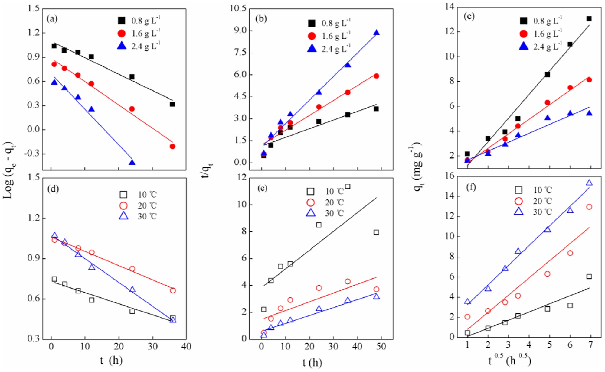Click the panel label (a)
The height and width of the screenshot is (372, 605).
pos(52,19)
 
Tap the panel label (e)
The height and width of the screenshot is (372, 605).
pos(262,188)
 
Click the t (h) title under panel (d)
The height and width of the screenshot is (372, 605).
pos(111,360)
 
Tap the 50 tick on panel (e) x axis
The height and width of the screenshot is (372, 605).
pos(381,346)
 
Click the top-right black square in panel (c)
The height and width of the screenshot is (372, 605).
pos(589,19)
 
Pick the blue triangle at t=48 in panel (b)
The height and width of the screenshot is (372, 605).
pos(376,33)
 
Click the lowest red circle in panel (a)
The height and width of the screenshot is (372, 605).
pos(172,147)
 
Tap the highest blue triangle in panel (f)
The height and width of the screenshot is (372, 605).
pos(589,183)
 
